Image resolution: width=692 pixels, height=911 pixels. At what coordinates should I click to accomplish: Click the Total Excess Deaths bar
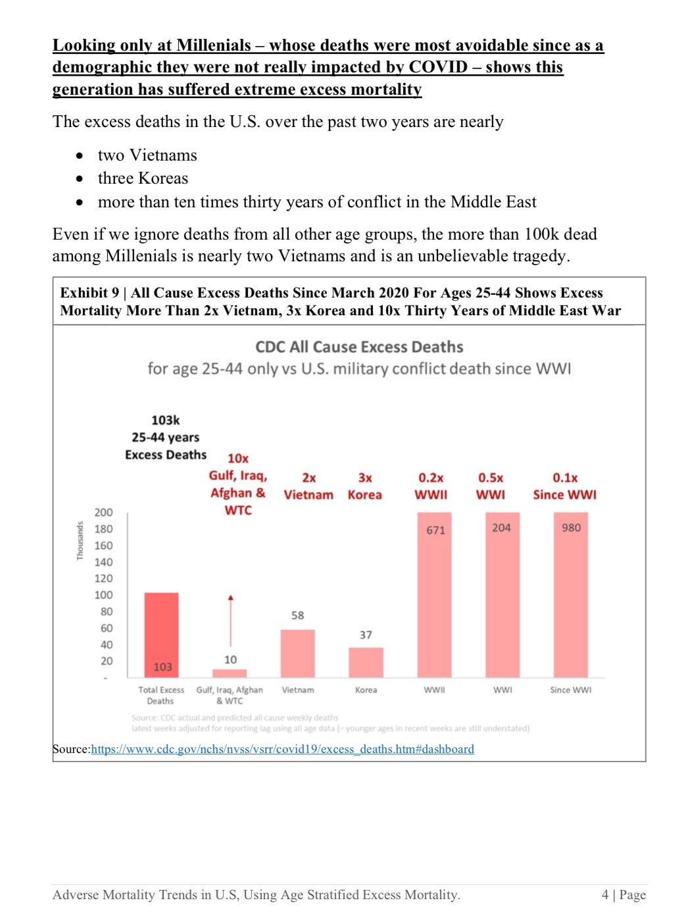point(161,635)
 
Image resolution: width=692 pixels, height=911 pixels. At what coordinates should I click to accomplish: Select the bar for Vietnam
point(297,653)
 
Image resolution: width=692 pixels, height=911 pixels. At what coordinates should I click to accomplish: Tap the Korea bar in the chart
point(366,662)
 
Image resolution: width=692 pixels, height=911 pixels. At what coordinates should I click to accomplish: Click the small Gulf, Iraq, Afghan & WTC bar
point(230,673)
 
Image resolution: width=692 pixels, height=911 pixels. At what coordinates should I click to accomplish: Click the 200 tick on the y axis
point(103,512)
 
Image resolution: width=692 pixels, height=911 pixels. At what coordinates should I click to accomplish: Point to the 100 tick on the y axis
point(103,594)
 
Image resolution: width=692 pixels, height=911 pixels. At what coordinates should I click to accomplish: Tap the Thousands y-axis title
point(80,540)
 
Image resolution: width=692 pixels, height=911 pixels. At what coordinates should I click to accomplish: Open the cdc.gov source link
point(282,749)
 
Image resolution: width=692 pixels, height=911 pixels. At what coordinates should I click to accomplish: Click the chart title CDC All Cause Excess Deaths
point(358,347)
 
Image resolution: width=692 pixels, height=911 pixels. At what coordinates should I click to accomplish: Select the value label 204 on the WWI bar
point(501,527)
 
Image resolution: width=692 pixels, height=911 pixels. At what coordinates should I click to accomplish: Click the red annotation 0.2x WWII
point(431,486)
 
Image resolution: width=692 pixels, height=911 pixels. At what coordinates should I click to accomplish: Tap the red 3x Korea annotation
point(364,486)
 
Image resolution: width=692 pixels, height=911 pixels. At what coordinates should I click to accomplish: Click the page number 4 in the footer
point(605,895)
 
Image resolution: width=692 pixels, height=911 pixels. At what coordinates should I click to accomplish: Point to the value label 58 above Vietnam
point(297,615)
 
